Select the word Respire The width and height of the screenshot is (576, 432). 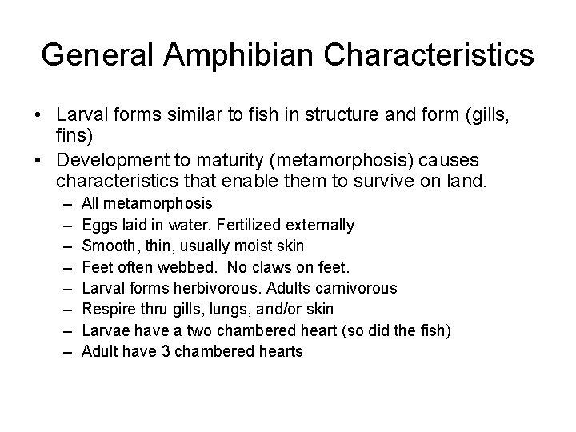[x=106, y=309]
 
